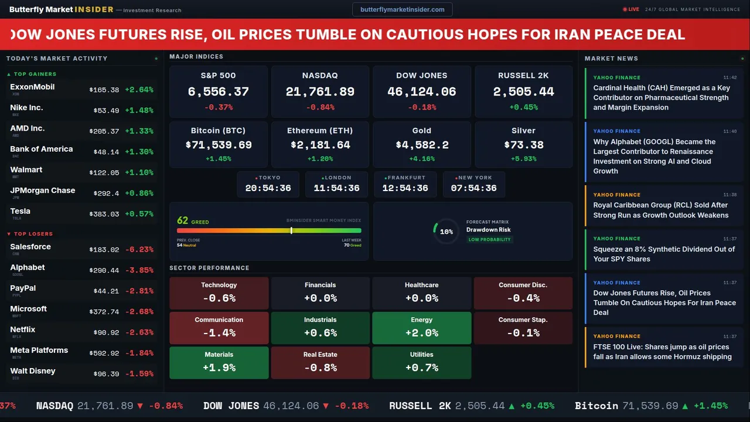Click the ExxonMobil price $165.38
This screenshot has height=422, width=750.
pyautogui.click(x=104, y=90)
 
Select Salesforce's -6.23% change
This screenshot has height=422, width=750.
pyautogui.click(x=139, y=249)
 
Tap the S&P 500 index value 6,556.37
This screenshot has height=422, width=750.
pyautogui.click(x=218, y=91)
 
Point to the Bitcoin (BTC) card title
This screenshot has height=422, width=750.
pyautogui.click(x=218, y=131)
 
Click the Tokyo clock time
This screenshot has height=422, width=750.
pyautogui.click(x=268, y=188)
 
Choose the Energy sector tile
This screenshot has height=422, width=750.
pyautogui.click(x=421, y=328)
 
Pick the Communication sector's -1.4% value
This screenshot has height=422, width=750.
pyautogui.click(x=219, y=333)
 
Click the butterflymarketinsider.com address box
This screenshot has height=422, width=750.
pyautogui.click(x=402, y=9)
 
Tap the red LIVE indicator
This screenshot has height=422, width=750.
pyautogui.click(x=631, y=9)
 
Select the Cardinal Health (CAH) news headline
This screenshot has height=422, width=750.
pyautogui.click(x=661, y=97)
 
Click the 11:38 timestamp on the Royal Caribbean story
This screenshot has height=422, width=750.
pyautogui.click(x=729, y=195)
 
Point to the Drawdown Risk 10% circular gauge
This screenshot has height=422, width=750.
pyautogui.click(x=446, y=232)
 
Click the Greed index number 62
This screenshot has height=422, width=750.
pyautogui.click(x=182, y=221)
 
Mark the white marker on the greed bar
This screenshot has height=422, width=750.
pyautogui.click(x=291, y=231)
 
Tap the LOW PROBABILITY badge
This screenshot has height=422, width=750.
pyautogui.click(x=489, y=240)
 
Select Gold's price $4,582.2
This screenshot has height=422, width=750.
pyautogui.click(x=421, y=145)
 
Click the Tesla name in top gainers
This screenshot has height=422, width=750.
pyautogui.click(x=20, y=211)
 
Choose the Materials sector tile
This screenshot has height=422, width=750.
pyautogui.click(x=219, y=362)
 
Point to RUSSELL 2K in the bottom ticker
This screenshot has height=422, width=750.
pyautogui.click(x=420, y=406)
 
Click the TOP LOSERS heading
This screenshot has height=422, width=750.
pyautogui.click(x=33, y=234)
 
